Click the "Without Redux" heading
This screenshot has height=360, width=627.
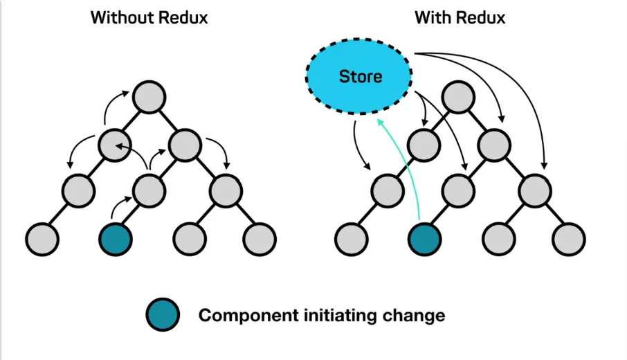pyautogui.click(x=149, y=18)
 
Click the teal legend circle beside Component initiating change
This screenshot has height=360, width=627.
pyautogui.click(x=163, y=316)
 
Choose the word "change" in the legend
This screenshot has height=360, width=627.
pyautogui.click(x=413, y=316)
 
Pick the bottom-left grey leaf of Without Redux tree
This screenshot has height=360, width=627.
pyautogui.click(x=42, y=238)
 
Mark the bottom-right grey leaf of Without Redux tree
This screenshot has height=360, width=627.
pyautogui.click(x=259, y=238)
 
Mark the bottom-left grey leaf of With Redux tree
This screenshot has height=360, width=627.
pyautogui.click(x=352, y=238)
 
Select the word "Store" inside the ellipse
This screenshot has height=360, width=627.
pyautogui.click(x=360, y=75)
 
